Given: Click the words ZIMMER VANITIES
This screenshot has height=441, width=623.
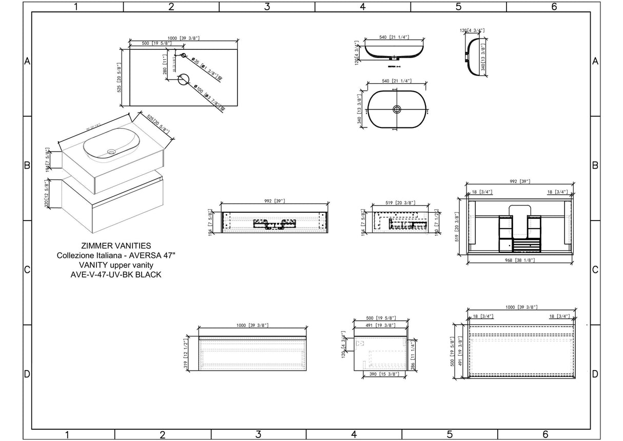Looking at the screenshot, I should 116,246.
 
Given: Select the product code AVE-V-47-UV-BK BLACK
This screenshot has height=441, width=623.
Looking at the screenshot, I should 116,274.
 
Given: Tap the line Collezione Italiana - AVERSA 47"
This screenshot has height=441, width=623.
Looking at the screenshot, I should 116,255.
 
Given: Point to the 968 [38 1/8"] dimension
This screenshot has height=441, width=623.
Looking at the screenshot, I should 519,260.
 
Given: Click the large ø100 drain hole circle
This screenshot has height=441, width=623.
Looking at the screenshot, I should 184,79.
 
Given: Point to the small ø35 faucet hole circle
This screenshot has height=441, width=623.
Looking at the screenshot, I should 183,55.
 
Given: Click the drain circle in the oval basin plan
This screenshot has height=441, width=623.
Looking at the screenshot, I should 397,109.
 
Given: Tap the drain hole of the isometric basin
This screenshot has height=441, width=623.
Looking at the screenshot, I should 111,152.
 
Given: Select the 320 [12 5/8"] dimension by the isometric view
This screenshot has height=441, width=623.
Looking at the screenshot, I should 47,194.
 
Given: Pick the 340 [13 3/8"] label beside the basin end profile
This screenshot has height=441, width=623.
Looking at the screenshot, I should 483,57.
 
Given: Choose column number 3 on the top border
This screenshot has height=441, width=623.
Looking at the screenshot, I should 267,7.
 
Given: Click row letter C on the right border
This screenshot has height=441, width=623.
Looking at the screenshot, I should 595,270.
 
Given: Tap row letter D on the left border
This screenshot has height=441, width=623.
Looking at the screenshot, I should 27,374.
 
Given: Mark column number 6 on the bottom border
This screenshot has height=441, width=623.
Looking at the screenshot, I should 546,435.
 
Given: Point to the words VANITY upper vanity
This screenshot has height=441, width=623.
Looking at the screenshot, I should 116,265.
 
